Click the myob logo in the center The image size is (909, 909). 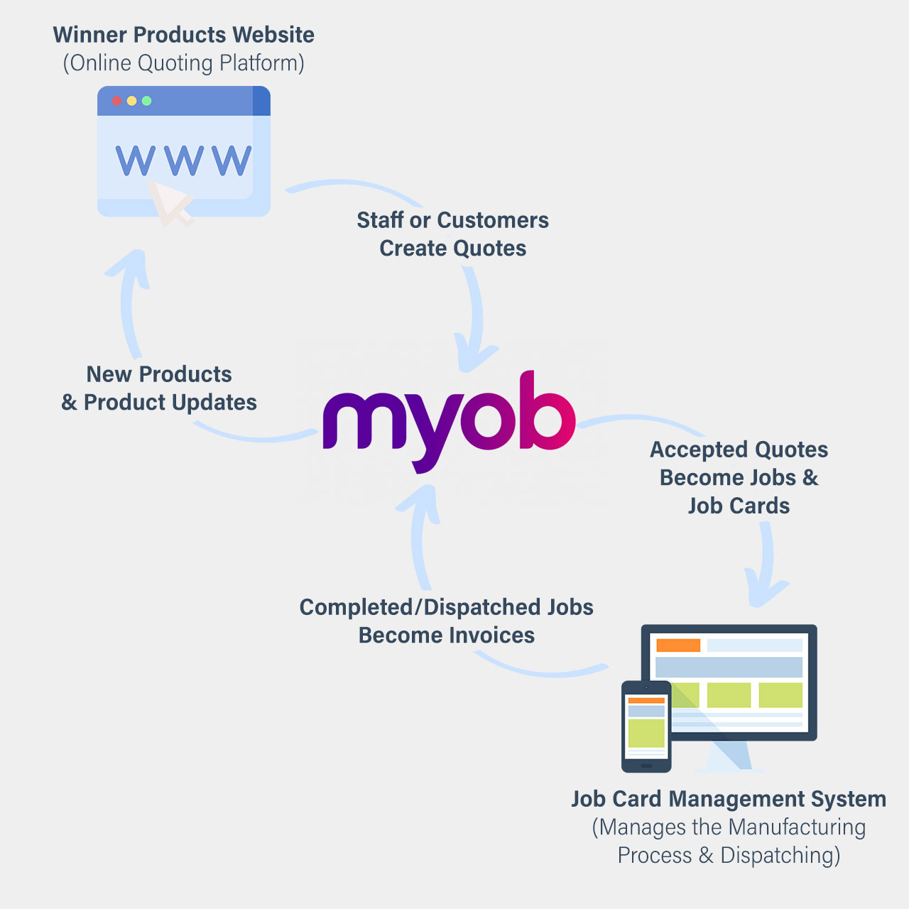tap(449, 419)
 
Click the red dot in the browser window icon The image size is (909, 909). tap(117, 101)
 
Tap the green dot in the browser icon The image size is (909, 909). tap(147, 101)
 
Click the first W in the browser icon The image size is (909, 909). tap(135, 160)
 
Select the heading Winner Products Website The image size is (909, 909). tap(183, 35)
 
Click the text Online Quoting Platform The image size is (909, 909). tap(183, 63)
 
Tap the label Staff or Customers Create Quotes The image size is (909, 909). tap(452, 234)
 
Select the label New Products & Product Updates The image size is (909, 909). tap(159, 388)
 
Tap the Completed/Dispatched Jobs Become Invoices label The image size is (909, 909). tap(446, 621)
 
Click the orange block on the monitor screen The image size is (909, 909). tap(678, 645)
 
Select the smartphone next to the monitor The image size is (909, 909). tap(646, 726)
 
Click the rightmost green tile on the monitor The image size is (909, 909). tap(780, 695)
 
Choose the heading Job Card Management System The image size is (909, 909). tap(729, 799)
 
